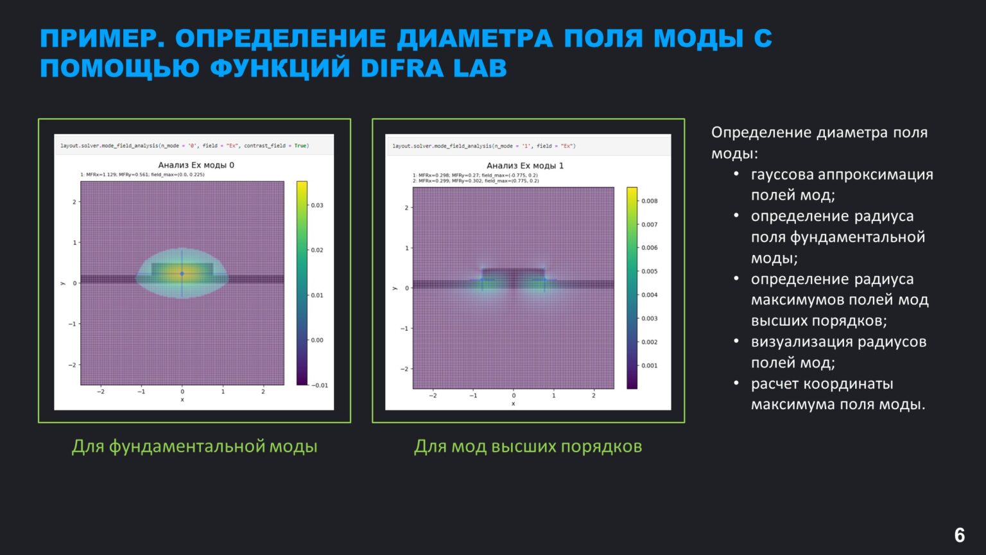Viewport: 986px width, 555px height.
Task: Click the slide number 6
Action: click(959, 535)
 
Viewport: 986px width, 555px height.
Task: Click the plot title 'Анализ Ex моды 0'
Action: click(196, 165)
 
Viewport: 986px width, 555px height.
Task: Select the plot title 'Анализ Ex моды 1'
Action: click(524, 166)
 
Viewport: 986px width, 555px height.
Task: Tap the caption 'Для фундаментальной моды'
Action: click(195, 446)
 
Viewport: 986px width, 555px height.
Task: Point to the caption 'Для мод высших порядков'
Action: click(528, 446)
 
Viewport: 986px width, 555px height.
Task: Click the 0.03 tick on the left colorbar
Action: click(316, 206)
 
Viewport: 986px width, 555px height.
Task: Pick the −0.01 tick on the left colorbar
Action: click(319, 385)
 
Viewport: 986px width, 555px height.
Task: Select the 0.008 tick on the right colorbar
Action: click(649, 201)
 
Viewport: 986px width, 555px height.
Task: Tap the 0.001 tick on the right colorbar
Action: click(649, 366)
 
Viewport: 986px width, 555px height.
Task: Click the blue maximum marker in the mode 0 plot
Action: click(182, 274)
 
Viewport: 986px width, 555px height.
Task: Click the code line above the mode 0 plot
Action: click(185, 146)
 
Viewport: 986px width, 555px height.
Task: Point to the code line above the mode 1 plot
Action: click(483, 146)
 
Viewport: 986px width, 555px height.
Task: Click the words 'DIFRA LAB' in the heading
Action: click(433, 68)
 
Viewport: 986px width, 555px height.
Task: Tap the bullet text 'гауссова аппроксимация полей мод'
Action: click(841, 184)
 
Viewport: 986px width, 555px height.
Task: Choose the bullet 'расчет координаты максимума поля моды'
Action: click(838, 394)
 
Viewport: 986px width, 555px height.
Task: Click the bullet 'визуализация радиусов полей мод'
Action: click(838, 352)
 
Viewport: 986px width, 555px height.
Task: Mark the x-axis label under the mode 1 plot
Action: click(513, 404)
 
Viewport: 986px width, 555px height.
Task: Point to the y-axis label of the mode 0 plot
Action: click(62, 283)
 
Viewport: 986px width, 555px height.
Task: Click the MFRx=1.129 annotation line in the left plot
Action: click(143, 175)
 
